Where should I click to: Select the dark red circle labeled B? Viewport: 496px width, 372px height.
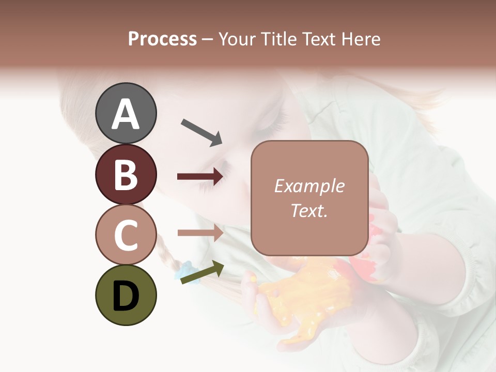pyautogui.click(x=126, y=174)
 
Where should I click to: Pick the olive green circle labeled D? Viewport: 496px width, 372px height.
pyautogui.click(x=126, y=295)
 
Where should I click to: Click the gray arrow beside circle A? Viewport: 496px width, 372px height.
pyautogui.click(x=202, y=132)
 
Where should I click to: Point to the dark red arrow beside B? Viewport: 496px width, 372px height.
pyautogui.click(x=200, y=177)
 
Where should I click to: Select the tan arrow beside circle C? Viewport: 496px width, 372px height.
pyautogui.click(x=200, y=233)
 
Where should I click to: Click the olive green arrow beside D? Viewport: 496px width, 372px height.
pyautogui.click(x=202, y=272)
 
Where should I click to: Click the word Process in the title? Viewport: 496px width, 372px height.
pyautogui.click(x=162, y=39)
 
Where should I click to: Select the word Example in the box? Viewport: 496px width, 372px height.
pyautogui.click(x=309, y=186)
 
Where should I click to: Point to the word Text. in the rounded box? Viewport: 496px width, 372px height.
pyautogui.click(x=309, y=210)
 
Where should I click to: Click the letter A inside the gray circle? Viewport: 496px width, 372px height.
pyautogui.click(x=126, y=114)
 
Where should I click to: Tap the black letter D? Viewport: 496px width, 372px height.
pyautogui.click(x=126, y=296)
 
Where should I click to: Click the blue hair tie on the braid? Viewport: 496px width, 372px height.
pyautogui.click(x=185, y=269)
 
